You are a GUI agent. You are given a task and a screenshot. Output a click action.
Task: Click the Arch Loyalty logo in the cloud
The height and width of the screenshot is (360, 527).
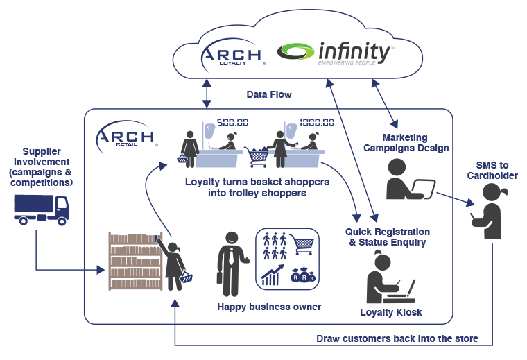[232, 55]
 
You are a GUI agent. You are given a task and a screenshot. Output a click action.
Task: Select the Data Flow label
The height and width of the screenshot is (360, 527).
[269, 94]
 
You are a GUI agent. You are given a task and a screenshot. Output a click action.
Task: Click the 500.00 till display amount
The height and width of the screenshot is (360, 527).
[233, 122]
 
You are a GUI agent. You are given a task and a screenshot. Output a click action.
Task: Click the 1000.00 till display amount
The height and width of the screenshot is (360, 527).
[317, 122]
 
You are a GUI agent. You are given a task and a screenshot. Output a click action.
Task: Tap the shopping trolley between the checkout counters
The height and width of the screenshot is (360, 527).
[259, 156]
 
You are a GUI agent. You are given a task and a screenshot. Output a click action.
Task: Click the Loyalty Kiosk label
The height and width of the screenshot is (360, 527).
[391, 312]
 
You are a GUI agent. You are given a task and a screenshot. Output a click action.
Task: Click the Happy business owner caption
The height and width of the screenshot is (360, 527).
[269, 306]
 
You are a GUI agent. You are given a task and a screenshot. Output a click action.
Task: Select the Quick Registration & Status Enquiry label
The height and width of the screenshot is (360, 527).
[388, 237]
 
